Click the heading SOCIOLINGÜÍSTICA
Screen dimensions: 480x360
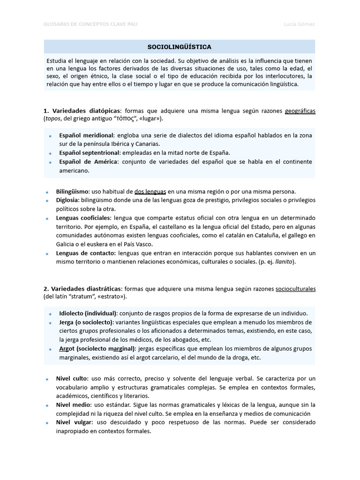(180, 47)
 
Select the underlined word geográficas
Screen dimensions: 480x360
(300, 111)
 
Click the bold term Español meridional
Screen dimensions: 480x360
(86, 135)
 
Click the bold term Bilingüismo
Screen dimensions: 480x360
(73, 191)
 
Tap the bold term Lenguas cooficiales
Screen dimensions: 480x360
(83, 218)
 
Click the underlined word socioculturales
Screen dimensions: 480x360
(295, 289)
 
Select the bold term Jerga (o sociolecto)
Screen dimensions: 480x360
(86, 322)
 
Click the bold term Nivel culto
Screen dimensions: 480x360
(72, 378)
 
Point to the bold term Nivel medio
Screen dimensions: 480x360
(73, 405)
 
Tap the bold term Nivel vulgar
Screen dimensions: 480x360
(74, 422)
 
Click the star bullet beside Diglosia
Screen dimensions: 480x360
(47, 201)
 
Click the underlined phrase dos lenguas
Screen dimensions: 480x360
(150, 191)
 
